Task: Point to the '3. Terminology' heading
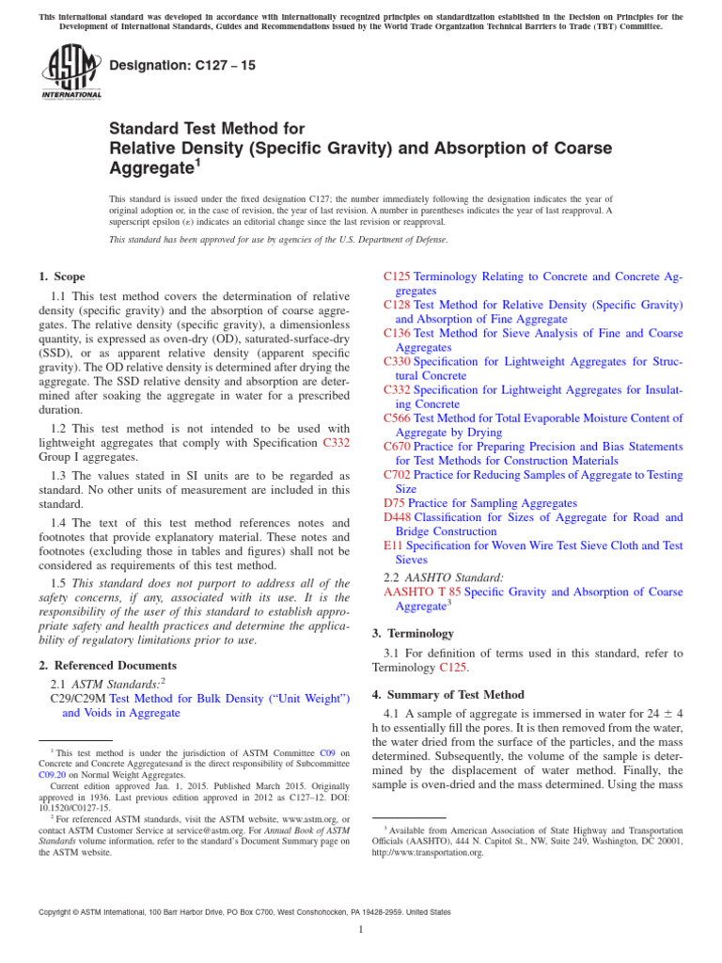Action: [413, 633]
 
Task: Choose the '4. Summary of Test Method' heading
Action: [447, 694]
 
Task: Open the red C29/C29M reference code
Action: [77, 698]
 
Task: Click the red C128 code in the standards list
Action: [398, 305]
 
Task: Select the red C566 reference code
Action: [398, 418]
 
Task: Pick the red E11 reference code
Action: [393, 545]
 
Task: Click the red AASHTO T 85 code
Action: [422, 592]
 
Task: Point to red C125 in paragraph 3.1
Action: [455, 667]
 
